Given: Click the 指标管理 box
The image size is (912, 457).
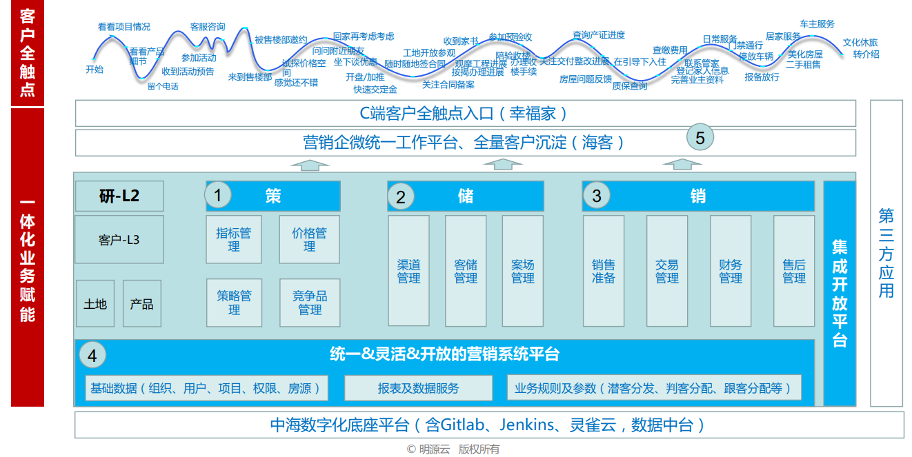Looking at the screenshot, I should pos(234,239).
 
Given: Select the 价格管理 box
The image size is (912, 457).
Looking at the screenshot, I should pos(309,239).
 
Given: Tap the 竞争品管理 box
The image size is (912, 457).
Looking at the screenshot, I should pos(310,303).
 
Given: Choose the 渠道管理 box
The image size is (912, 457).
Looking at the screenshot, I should pos(408,271).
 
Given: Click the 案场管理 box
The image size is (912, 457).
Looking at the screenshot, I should pos(522,271).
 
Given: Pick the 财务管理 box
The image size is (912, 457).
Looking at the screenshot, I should pos(731,271).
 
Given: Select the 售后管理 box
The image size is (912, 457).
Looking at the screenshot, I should pos(794,271).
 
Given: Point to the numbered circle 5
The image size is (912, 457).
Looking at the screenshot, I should pos(700,138).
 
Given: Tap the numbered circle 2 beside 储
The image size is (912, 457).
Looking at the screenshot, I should pos(401,197).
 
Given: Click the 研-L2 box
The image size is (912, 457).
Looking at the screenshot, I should pos(119,196).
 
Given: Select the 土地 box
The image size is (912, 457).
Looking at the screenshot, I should pos(95,304).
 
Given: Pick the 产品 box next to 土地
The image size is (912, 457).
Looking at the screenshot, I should pos(142,304).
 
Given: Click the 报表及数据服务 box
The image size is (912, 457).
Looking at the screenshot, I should pos(418,388).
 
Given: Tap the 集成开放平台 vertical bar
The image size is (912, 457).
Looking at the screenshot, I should pos(840,293).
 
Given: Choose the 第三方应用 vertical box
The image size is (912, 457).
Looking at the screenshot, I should pos(886,253).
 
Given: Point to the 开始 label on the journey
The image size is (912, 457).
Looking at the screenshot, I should pos(95,70).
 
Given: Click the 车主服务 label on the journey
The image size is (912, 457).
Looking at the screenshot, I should pos(817,24).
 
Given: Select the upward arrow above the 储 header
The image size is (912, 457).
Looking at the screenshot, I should pos(503,164).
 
